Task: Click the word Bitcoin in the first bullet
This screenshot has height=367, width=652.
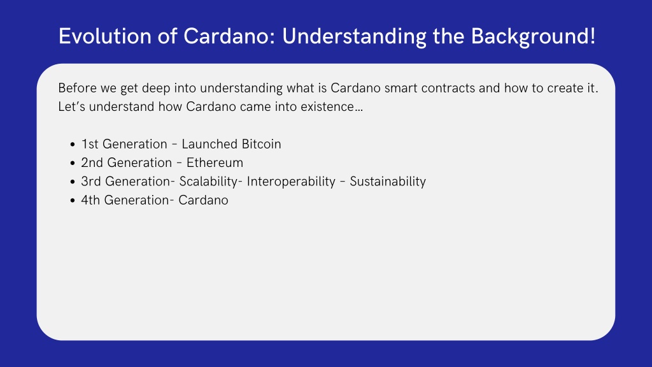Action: point(261,144)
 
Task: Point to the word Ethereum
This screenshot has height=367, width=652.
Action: point(215,162)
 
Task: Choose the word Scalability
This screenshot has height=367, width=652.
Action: point(208,182)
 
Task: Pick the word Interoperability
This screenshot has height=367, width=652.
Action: point(291,182)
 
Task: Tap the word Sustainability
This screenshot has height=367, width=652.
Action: point(388,182)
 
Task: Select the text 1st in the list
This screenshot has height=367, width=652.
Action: point(90,144)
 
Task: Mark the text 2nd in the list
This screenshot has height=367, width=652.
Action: point(92,162)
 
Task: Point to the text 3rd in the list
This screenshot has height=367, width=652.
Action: point(91,182)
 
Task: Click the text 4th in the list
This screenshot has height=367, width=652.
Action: point(90,200)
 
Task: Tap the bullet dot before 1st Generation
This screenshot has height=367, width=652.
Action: point(73,145)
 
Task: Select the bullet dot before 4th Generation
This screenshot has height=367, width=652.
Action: point(73,201)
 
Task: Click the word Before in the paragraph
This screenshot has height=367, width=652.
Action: point(77,88)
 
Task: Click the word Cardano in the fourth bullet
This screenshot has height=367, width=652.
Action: point(203,200)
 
